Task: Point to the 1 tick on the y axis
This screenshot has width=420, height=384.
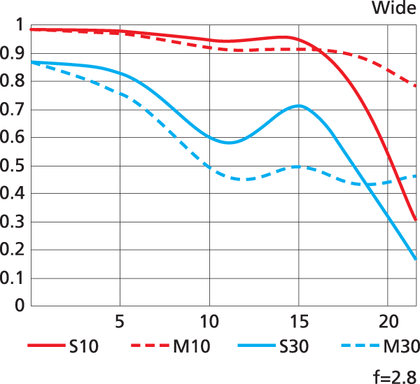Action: [20, 26]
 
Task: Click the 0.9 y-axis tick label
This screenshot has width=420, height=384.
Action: [13, 54]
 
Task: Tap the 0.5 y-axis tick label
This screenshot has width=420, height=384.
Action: [13, 166]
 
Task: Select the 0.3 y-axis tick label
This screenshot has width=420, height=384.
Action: [13, 222]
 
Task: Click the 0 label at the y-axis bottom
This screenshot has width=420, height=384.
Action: [20, 306]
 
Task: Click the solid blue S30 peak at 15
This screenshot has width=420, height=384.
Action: [300, 106]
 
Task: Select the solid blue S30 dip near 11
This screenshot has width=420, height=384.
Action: [229, 142]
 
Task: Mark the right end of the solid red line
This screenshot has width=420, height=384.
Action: [416, 220]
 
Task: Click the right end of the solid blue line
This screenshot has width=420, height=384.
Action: [416, 259]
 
